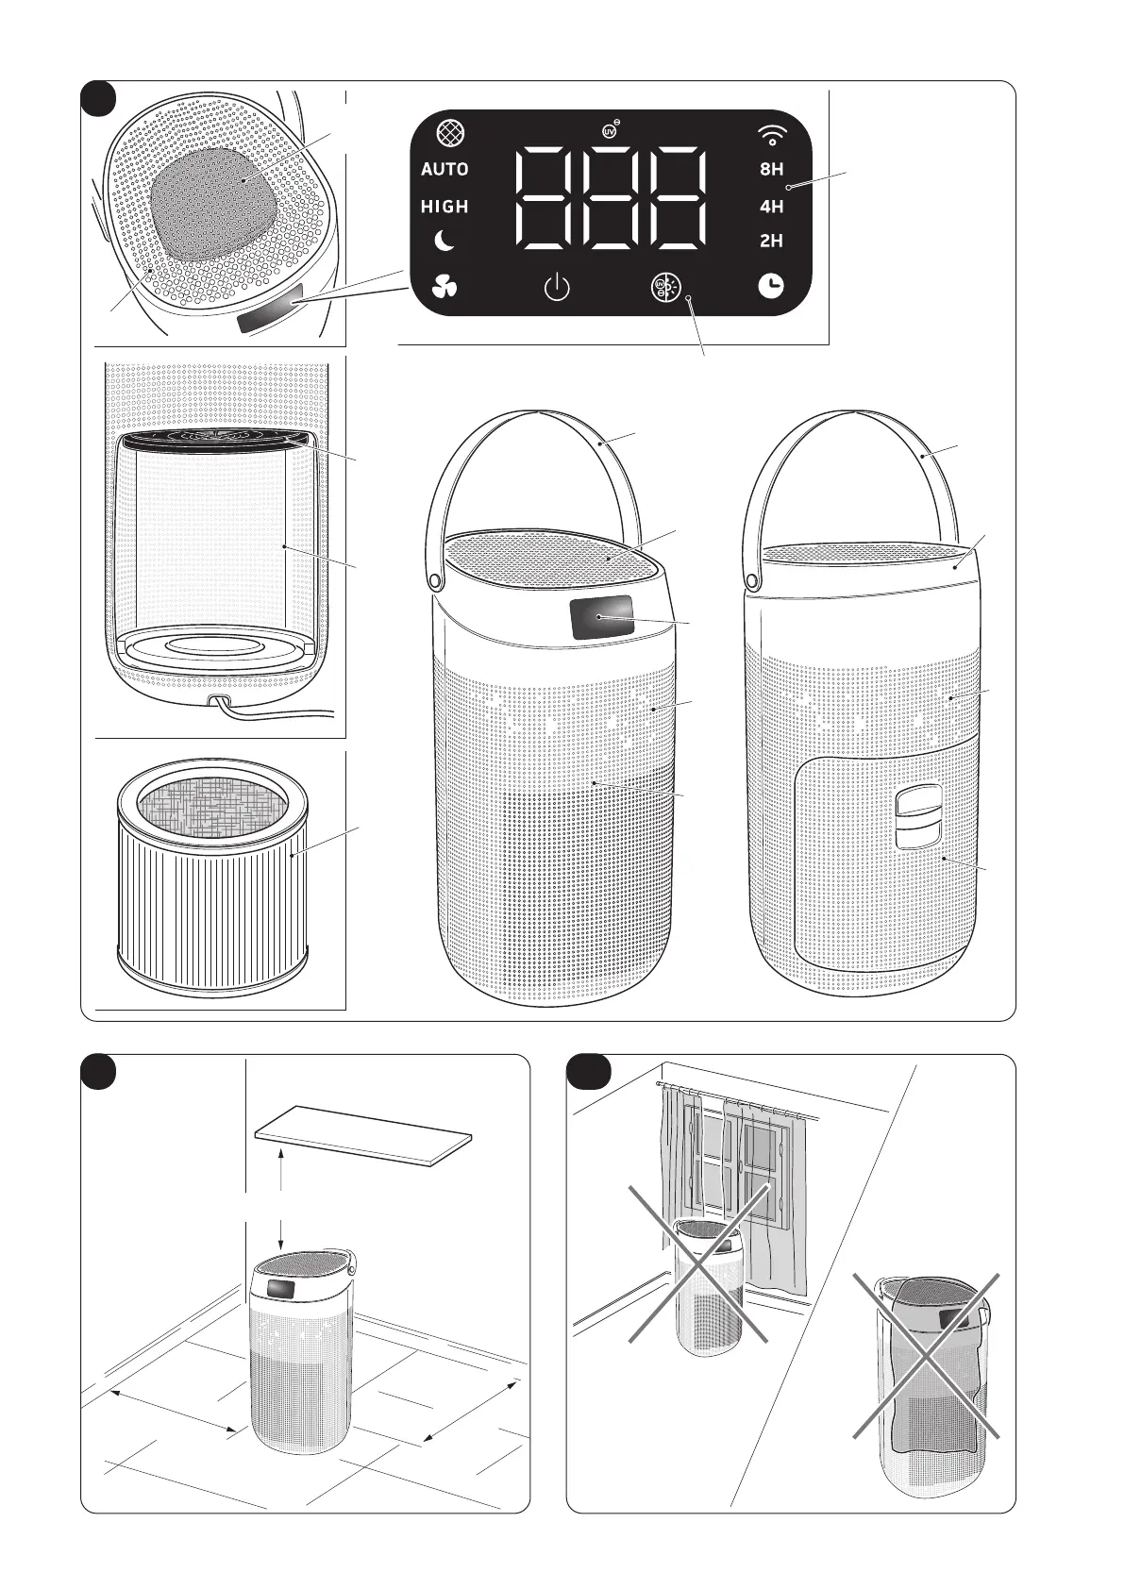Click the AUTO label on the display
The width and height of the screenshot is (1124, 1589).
(445, 169)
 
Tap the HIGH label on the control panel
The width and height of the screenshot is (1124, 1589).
(445, 207)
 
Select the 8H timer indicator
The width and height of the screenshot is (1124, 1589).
(771, 169)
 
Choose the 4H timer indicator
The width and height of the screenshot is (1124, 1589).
(771, 207)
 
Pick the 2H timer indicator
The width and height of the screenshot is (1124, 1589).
(771, 241)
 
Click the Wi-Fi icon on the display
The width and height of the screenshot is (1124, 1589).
(771, 134)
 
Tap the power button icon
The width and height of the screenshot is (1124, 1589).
(557, 287)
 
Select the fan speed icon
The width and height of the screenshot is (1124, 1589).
(445, 287)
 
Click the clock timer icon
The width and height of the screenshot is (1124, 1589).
(771, 286)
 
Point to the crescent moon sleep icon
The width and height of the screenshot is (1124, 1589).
(445, 242)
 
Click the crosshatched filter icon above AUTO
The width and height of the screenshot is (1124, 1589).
(451, 132)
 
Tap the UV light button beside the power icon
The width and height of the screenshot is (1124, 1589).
(666, 287)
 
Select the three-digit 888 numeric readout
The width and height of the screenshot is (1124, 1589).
(610, 198)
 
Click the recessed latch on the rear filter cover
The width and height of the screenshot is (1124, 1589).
(918, 817)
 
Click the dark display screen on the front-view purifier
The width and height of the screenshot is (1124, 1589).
(601, 615)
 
